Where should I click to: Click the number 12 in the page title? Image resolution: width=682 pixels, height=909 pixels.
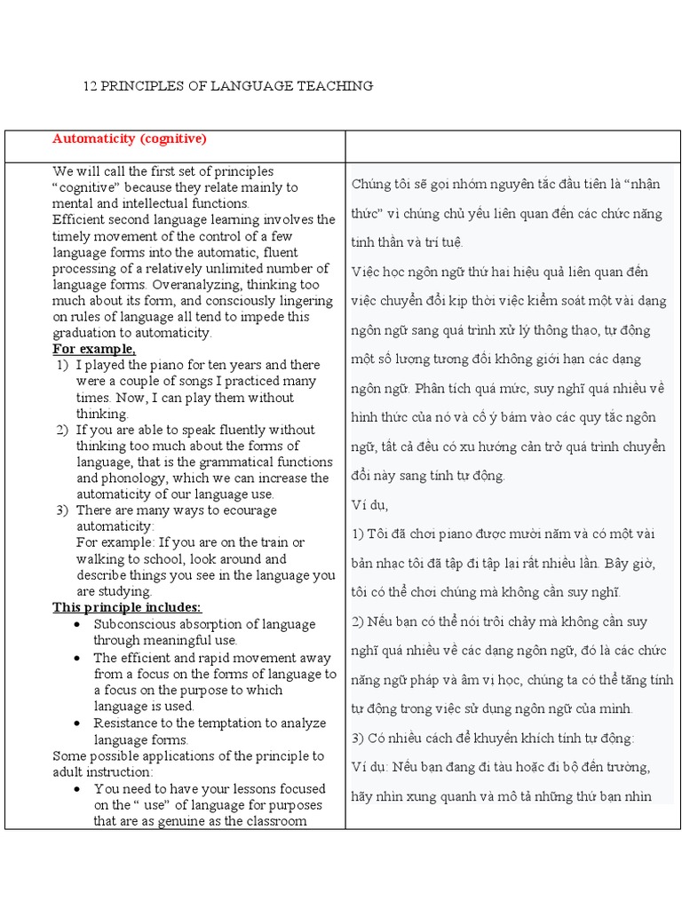pyautogui.click(x=89, y=86)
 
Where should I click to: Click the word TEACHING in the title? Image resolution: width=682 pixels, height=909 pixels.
pyautogui.click(x=338, y=86)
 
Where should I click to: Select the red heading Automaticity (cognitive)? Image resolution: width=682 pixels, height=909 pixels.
pyautogui.click(x=129, y=138)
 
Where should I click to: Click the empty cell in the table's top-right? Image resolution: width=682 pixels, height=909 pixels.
pyautogui.click(x=512, y=146)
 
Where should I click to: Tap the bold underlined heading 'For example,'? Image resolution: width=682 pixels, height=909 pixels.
pyautogui.click(x=94, y=349)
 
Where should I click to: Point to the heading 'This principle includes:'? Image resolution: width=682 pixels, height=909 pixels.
pyautogui.click(x=127, y=607)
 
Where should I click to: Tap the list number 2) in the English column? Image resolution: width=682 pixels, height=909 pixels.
pyautogui.click(x=62, y=430)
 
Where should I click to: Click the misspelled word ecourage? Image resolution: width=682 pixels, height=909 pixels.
pyautogui.click(x=247, y=510)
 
